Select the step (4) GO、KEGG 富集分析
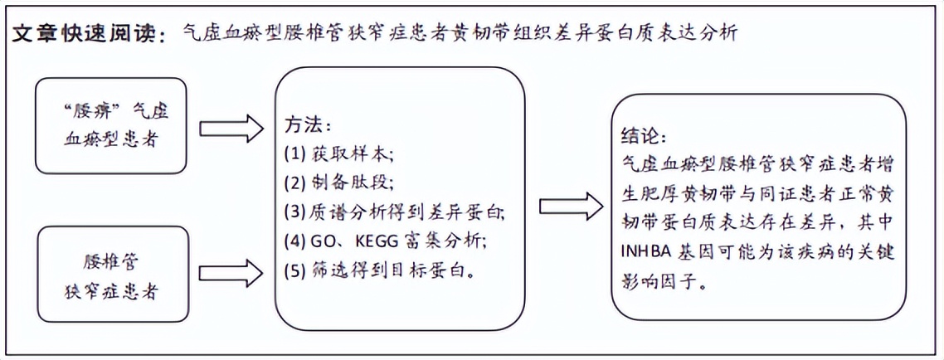pos(385,241)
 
